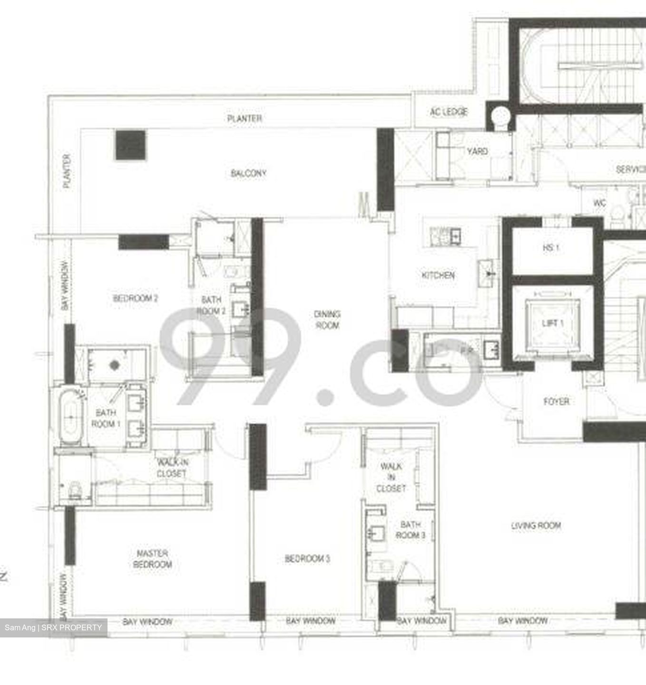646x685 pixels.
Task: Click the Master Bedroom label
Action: point(152,559)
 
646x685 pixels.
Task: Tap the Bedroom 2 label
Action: point(136,298)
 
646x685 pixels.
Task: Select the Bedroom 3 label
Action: point(307,558)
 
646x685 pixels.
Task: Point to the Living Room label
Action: point(536,526)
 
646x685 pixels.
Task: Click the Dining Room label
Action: point(327,320)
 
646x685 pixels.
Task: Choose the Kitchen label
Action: point(438,275)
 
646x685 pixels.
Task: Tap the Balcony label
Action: point(248,173)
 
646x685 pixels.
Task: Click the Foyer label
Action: point(556,401)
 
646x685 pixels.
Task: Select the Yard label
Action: point(477,151)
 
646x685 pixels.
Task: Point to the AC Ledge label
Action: point(449,112)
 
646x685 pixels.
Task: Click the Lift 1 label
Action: point(553,323)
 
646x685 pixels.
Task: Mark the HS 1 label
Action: point(551,248)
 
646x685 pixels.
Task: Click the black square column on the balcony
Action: point(130,146)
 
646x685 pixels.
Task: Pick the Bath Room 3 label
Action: point(410,530)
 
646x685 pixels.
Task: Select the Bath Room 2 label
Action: point(211,305)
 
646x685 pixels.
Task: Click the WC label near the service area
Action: point(599,203)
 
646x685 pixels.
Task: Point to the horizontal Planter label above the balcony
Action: point(245,118)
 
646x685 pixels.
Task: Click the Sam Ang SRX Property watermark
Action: point(53,628)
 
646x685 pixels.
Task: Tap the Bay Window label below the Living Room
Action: point(523,621)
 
